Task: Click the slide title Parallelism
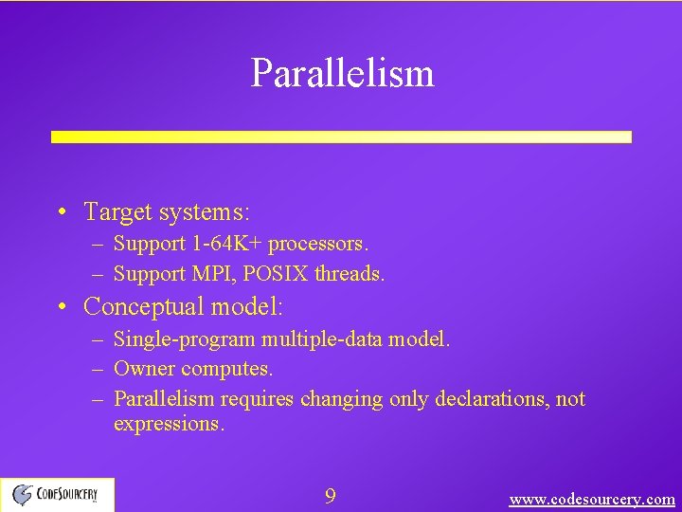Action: [x=342, y=73]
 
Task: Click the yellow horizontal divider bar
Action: [x=341, y=137]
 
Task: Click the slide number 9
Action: [x=330, y=497]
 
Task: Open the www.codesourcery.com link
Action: [x=592, y=499]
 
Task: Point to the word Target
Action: [x=116, y=210]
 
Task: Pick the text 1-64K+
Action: [x=227, y=244]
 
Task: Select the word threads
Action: [x=350, y=275]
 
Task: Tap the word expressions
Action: [x=169, y=424]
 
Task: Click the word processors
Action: [x=318, y=244]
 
